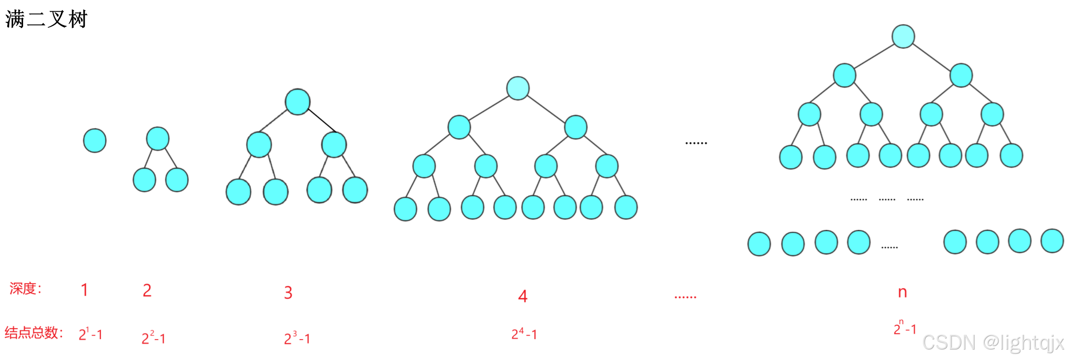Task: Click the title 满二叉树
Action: tap(46, 20)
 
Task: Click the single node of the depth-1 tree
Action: tap(95, 140)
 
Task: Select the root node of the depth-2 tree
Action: tap(157, 139)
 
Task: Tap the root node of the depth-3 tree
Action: tap(297, 102)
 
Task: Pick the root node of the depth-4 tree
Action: tap(518, 88)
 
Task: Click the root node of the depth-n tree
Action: tap(903, 36)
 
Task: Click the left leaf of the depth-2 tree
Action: tap(144, 180)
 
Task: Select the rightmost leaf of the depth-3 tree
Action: tap(355, 190)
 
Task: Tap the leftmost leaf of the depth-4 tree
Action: tap(405, 209)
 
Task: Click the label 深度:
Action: tap(26, 288)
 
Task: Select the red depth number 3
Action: tap(288, 293)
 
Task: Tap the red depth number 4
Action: tap(523, 296)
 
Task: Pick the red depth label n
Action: tap(903, 292)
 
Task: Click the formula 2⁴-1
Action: tap(524, 334)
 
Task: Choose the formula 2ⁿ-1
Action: tap(905, 328)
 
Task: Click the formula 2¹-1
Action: tap(90, 334)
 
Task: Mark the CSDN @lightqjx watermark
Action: tap(993, 343)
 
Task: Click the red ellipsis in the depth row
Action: tap(685, 297)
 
